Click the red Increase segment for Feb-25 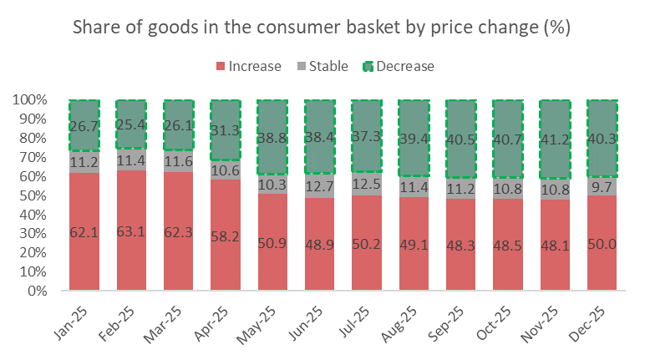tap(131, 251)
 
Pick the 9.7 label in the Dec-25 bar tap(602, 185)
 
